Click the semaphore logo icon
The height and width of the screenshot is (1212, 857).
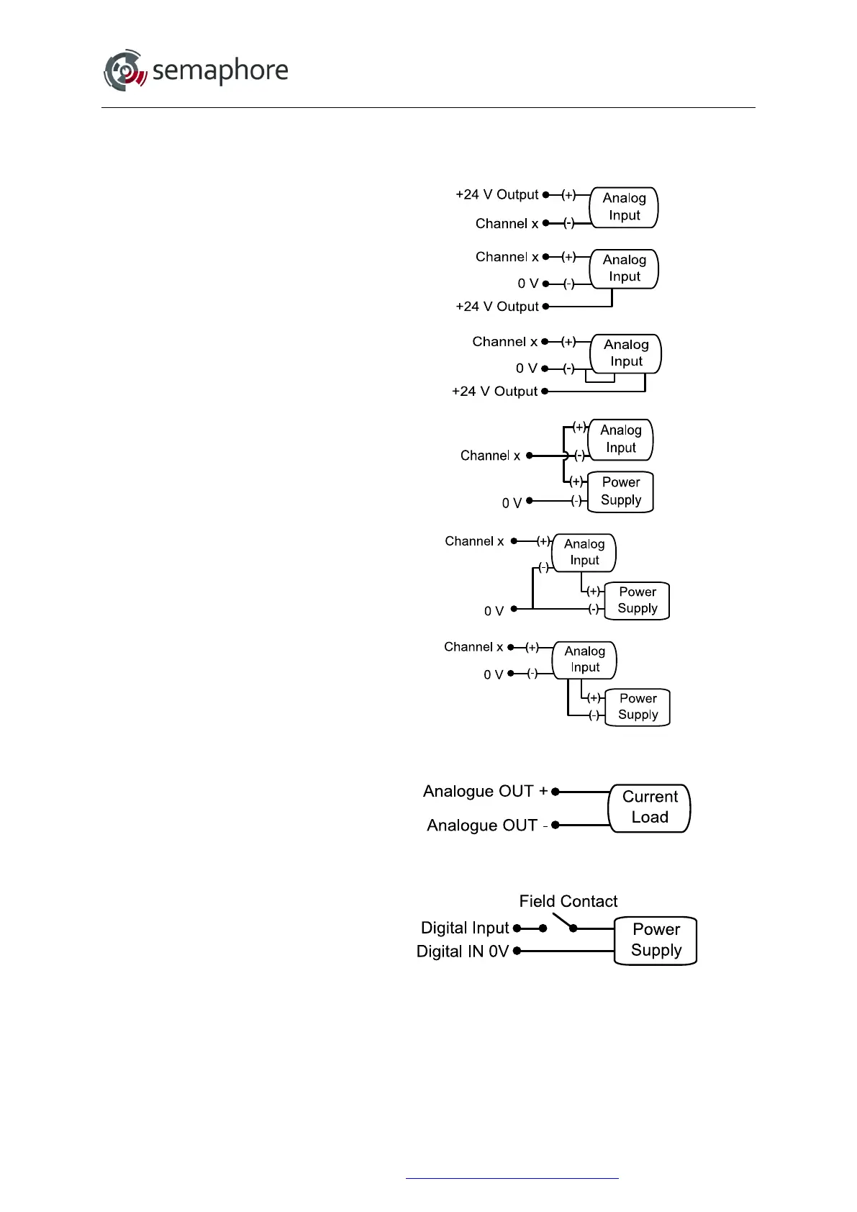click(125, 71)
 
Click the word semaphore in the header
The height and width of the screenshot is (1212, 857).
click(220, 71)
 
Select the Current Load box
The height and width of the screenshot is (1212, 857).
click(650, 808)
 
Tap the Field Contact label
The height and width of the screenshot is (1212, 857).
click(568, 901)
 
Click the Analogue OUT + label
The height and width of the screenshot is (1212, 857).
click(485, 791)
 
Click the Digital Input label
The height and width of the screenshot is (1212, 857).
click(464, 928)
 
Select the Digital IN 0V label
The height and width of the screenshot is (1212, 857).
click(462, 951)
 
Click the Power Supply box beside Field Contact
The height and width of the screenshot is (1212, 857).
click(656, 940)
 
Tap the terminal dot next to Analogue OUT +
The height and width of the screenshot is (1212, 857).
click(556, 792)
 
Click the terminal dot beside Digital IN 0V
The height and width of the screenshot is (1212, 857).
click(517, 951)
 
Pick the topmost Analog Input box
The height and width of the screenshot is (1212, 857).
click(624, 207)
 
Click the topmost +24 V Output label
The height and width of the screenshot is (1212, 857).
click(496, 194)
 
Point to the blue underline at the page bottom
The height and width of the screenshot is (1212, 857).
click(512, 1178)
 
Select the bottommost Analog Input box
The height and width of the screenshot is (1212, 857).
click(584, 660)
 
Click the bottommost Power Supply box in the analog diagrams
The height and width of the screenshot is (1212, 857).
click(638, 707)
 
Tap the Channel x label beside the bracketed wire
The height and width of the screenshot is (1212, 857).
click(490, 456)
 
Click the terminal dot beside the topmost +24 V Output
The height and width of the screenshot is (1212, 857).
click(546, 194)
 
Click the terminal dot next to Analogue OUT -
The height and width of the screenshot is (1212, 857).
click(556, 825)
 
